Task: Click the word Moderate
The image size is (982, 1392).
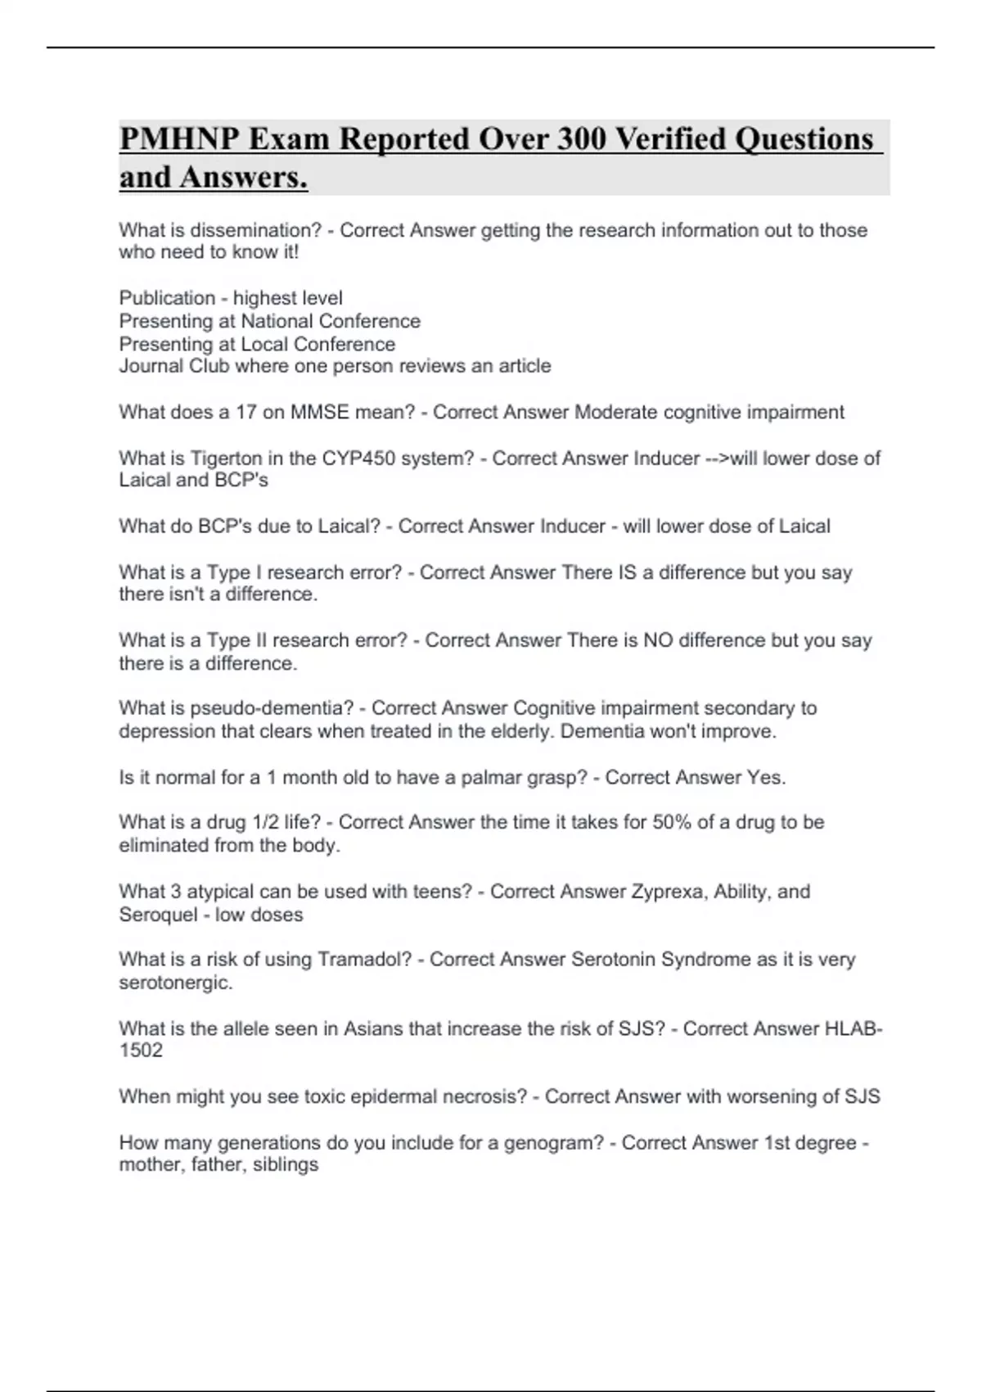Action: click(x=615, y=412)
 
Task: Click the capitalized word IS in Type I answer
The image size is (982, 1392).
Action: click(x=623, y=572)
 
